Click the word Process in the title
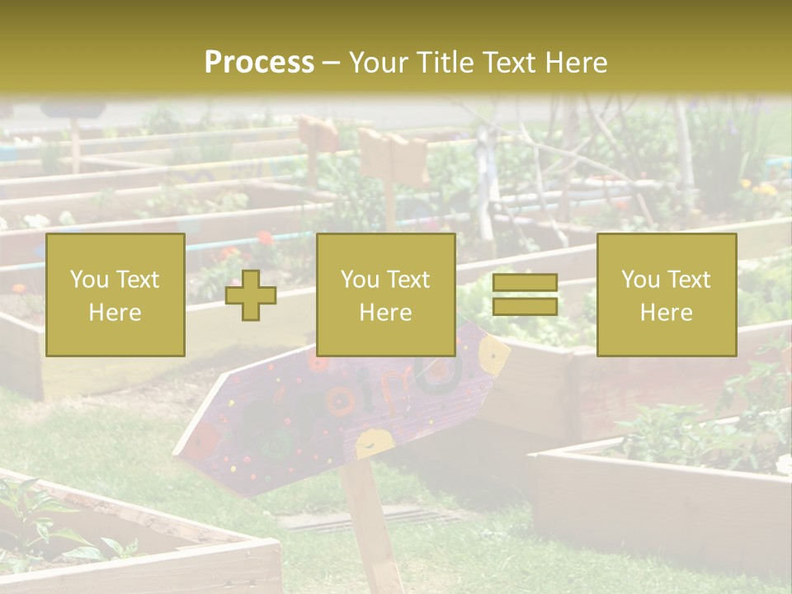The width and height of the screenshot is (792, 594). [259, 63]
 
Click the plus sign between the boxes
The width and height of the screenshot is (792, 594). [251, 295]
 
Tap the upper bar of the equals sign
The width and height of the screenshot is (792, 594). [525, 283]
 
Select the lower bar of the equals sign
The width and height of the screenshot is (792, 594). [525, 306]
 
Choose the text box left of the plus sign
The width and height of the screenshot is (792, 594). [115, 295]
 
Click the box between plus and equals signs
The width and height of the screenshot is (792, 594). [386, 295]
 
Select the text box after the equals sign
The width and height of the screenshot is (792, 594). [667, 295]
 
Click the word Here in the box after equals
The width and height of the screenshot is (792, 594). [667, 313]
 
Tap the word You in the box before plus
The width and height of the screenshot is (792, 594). [89, 280]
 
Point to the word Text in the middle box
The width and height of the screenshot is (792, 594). [408, 280]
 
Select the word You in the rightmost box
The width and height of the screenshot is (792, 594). [640, 280]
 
